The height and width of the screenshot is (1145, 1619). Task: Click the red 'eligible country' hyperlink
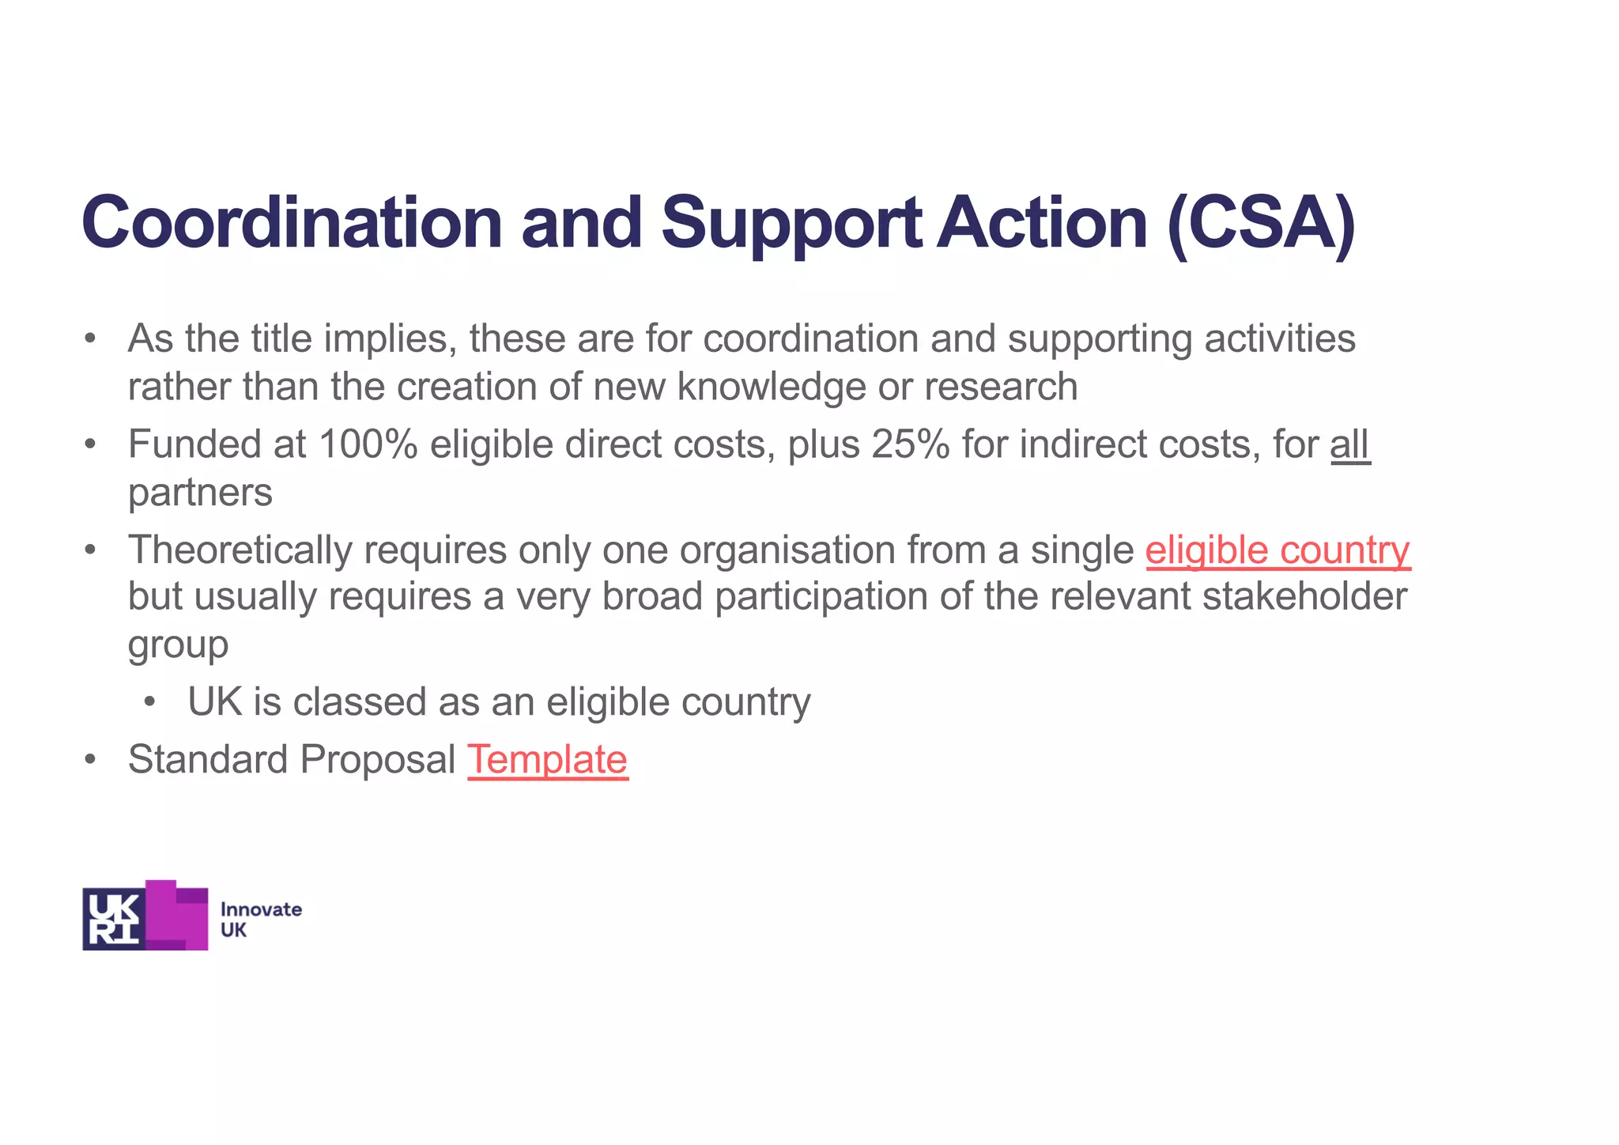(1277, 550)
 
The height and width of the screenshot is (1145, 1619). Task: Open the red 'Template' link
(548, 760)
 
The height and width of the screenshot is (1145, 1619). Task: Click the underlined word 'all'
(1349, 444)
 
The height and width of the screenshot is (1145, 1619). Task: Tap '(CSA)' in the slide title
(1261, 223)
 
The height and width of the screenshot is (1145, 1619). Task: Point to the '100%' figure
(368, 444)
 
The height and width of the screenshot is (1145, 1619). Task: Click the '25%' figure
(910, 444)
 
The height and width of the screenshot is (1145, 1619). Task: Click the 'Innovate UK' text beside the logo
(260, 920)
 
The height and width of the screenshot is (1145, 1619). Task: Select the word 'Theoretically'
(240, 550)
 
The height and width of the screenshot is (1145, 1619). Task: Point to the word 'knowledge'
(771, 387)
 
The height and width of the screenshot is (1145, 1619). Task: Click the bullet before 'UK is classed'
(150, 703)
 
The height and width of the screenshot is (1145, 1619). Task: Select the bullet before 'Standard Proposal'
(91, 760)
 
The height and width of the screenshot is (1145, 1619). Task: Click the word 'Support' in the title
(791, 223)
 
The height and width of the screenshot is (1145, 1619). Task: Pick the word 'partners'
(200, 493)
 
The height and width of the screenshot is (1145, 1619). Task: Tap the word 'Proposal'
(377, 760)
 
